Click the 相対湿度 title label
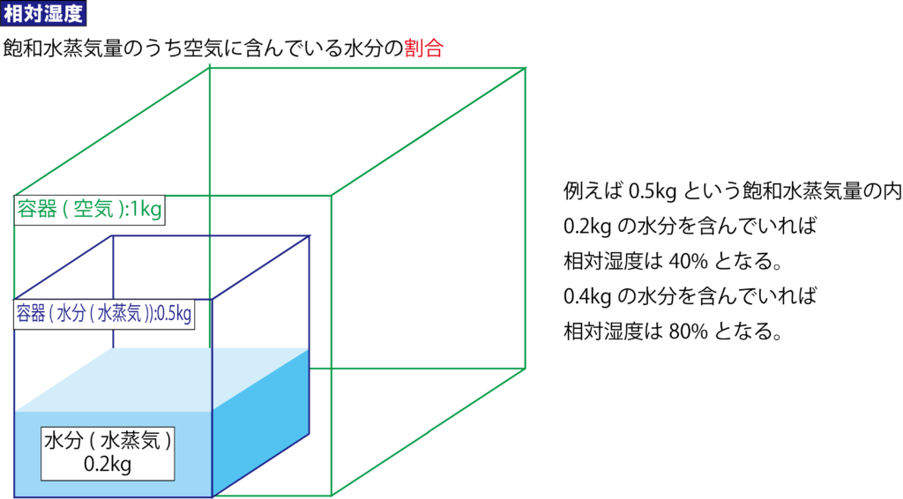[43, 15]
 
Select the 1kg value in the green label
[146, 211]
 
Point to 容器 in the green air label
[37, 211]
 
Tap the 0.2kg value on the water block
[108, 464]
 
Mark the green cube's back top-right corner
[526, 67]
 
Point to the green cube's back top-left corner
[210, 67]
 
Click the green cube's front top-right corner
[331, 195]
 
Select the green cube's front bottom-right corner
[331, 495]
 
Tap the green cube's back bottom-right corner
[526, 368]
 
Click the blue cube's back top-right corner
[310, 235]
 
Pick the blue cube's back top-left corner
[112, 235]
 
